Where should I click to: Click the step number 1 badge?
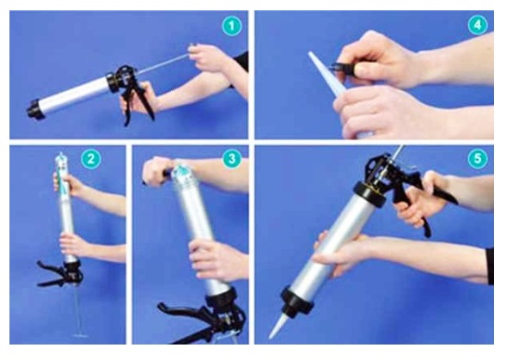coord(232,26)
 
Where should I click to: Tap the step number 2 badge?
coord(91,159)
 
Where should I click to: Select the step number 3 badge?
coord(232,159)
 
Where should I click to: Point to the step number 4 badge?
coord(478,25)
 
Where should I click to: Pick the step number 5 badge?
coord(478,159)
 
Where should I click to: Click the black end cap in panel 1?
coord(34,109)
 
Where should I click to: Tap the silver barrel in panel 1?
coord(74,95)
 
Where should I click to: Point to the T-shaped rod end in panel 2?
coord(80,335)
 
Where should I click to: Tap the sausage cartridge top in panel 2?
coord(61,160)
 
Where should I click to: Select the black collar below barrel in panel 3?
coord(221,297)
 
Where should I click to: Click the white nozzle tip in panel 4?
coord(310,54)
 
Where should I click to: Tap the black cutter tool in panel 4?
coord(343,69)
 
